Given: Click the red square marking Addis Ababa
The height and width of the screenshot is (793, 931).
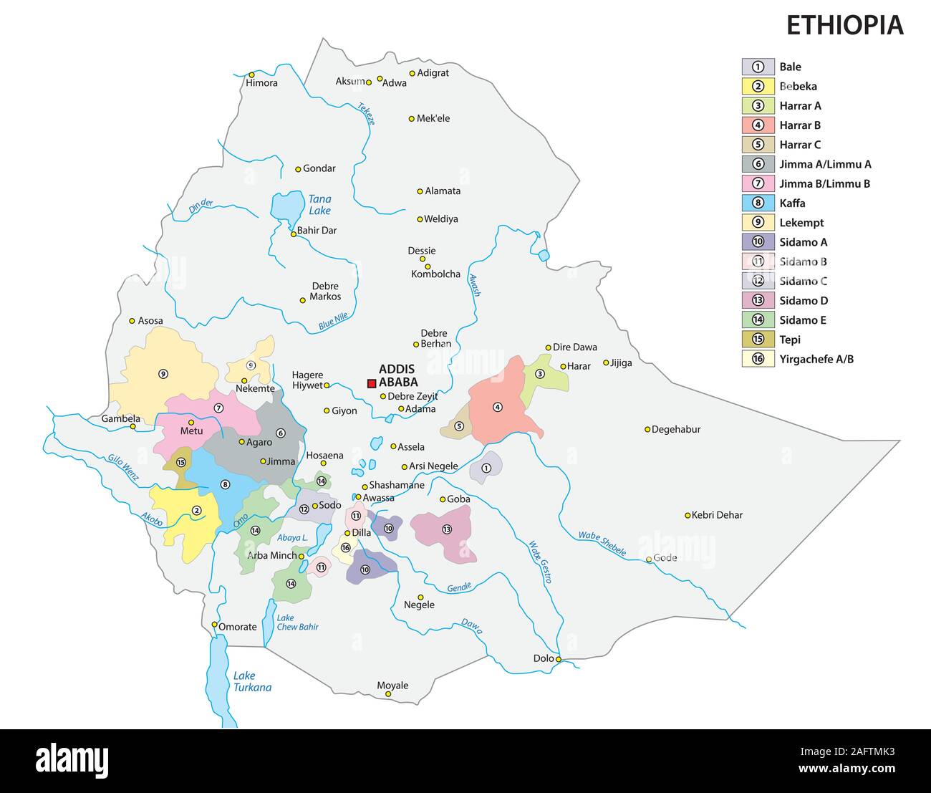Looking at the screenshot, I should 372,384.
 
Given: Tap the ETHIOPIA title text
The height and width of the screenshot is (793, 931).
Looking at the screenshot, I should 844,25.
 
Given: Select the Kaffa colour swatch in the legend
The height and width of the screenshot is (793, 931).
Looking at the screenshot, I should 758,203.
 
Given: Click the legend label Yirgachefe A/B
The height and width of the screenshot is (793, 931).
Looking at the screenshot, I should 816,360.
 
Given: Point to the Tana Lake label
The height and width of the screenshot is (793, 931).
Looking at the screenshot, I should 320,205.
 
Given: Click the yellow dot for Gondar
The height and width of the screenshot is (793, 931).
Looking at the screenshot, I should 299,169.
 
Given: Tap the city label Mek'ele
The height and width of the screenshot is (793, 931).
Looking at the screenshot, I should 433,118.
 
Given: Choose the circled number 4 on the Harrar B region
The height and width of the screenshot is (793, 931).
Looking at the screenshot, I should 498,408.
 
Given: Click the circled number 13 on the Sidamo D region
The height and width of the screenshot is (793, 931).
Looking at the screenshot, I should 447,529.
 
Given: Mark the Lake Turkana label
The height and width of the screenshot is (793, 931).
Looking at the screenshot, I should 252,681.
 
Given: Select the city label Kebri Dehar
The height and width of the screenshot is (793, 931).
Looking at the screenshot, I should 718,515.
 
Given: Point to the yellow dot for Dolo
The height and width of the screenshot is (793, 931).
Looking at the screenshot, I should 559,659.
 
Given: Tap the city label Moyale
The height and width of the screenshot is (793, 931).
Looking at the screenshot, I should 392,686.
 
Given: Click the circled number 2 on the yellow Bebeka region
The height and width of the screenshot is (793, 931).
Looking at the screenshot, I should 196,511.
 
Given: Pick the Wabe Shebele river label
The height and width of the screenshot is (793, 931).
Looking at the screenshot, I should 602,543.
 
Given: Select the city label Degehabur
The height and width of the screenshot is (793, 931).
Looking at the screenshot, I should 676,430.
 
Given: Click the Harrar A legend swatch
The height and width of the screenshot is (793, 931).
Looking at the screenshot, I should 758,106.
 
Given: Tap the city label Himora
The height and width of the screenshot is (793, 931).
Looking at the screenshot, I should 261,83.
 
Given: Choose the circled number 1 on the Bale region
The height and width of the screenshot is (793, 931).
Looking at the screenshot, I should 486,468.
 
